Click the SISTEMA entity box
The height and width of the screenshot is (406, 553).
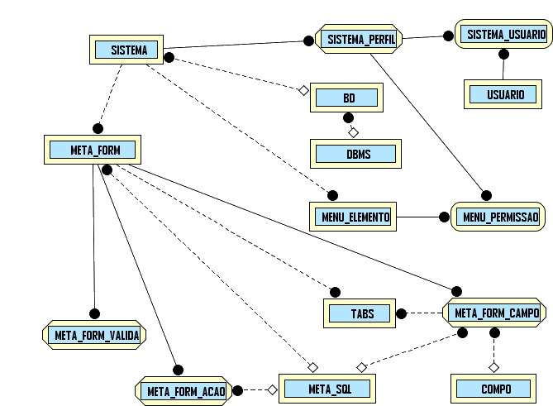tap(128, 50)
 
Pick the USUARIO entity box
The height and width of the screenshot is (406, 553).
tap(503, 94)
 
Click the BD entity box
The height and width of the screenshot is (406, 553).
tap(348, 98)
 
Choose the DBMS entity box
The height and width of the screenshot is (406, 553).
tap(358, 155)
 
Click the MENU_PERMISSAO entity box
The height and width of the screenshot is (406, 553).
tap(499, 217)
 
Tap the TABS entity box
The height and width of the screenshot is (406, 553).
tap(361, 313)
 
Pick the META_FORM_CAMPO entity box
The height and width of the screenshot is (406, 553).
tap(496, 313)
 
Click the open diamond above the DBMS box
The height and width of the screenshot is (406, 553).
tap(353, 132)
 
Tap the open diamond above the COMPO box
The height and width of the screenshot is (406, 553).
tap(494, 365)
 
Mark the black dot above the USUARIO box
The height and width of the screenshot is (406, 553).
tap(502, 55)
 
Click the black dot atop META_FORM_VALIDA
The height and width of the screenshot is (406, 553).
tap(94, 313)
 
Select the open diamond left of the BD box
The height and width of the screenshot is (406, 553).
tap(303, 89)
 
